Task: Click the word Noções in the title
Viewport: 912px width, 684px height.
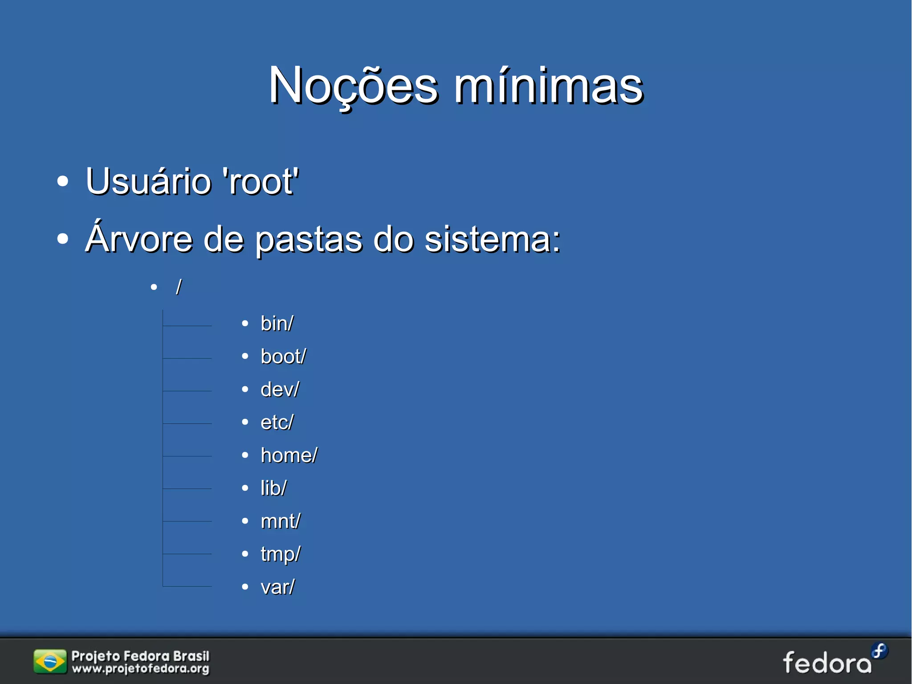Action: coord(353,86)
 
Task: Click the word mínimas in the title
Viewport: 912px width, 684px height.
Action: coord(549,86)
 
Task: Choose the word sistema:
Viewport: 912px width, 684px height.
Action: coord(492,240)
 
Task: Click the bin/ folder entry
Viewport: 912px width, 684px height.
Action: coord(277,324)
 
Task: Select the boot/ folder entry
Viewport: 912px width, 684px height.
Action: coord(283,356)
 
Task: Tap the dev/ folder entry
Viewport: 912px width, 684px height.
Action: coord(280,389)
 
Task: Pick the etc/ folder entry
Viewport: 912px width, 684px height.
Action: coord(277,422)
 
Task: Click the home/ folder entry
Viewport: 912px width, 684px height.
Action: coord(289,455)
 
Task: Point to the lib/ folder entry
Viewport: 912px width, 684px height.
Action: coord(273,488)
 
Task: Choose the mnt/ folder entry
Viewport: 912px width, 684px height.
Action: coord(281,521)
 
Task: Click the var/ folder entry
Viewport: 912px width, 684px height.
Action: coord(277,587)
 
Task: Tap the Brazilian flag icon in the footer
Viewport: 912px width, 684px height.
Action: coord(50,662)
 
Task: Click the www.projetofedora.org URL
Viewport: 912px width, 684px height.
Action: coord(141,669)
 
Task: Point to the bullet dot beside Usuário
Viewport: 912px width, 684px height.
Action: coord(63,181)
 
